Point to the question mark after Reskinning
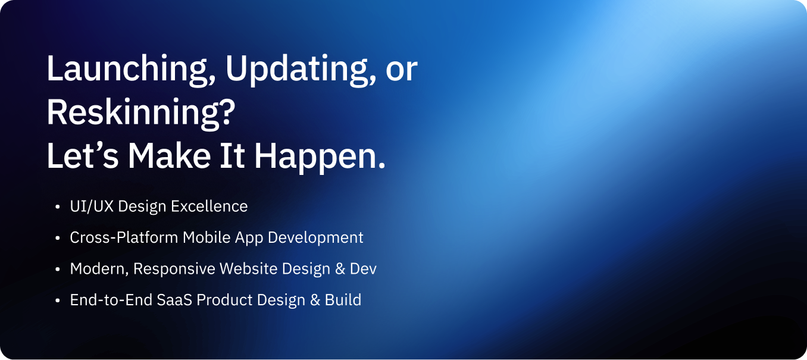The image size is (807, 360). coord(227,112)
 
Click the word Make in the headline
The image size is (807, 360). coord(169,156)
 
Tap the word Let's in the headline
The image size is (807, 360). coord(83,156)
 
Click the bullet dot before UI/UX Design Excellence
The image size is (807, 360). coord(57,207)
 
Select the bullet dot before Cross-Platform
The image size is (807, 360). coord(57,238)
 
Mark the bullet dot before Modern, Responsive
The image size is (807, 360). coord(57,270)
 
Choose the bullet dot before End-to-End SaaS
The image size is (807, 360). coord(57,300)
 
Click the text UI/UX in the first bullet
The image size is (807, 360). coord(92,206)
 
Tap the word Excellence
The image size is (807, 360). coord(209,206)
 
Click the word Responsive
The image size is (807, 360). coord(174,270)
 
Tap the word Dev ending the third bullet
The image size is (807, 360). coord(363,269)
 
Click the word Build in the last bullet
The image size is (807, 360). coord(343,300)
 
